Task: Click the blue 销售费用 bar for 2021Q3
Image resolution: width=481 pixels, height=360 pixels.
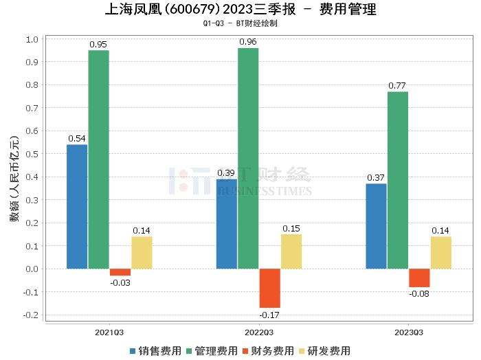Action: [x=77, y=206]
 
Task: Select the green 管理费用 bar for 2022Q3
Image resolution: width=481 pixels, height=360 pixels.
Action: [x=248, y=158]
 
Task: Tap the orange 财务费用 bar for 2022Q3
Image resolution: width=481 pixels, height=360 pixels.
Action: [x=269, y=288]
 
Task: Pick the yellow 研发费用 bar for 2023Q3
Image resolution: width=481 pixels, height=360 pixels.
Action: [x=441, y=252]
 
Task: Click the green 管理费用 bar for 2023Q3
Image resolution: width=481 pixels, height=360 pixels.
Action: [x=398, y=180]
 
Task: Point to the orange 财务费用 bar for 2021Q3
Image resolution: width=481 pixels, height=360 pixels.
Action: [x=120, y=272]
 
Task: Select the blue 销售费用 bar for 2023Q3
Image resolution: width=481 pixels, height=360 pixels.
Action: [x=376, y=226]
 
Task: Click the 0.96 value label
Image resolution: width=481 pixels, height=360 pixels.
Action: [x=248, y=41]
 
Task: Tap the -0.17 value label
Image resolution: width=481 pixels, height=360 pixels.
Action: [x=269, y=315]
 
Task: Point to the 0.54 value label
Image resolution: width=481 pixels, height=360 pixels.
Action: [x=77, y=138]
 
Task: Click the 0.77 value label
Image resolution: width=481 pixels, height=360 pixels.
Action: [x=398, y=85]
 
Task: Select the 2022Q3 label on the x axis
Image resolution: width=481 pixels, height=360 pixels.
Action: [x=259, y=332]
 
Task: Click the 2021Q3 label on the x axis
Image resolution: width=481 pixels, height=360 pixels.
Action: [x=109, y=332]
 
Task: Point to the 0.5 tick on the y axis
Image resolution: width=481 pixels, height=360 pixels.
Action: [x=32, y=154]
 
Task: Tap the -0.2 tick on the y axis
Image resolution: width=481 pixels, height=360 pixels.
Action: [x=30, y=315]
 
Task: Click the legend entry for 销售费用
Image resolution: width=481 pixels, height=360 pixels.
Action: [x=155, y=350]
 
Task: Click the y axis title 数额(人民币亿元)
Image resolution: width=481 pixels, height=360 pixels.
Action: [x=14, y=177]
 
